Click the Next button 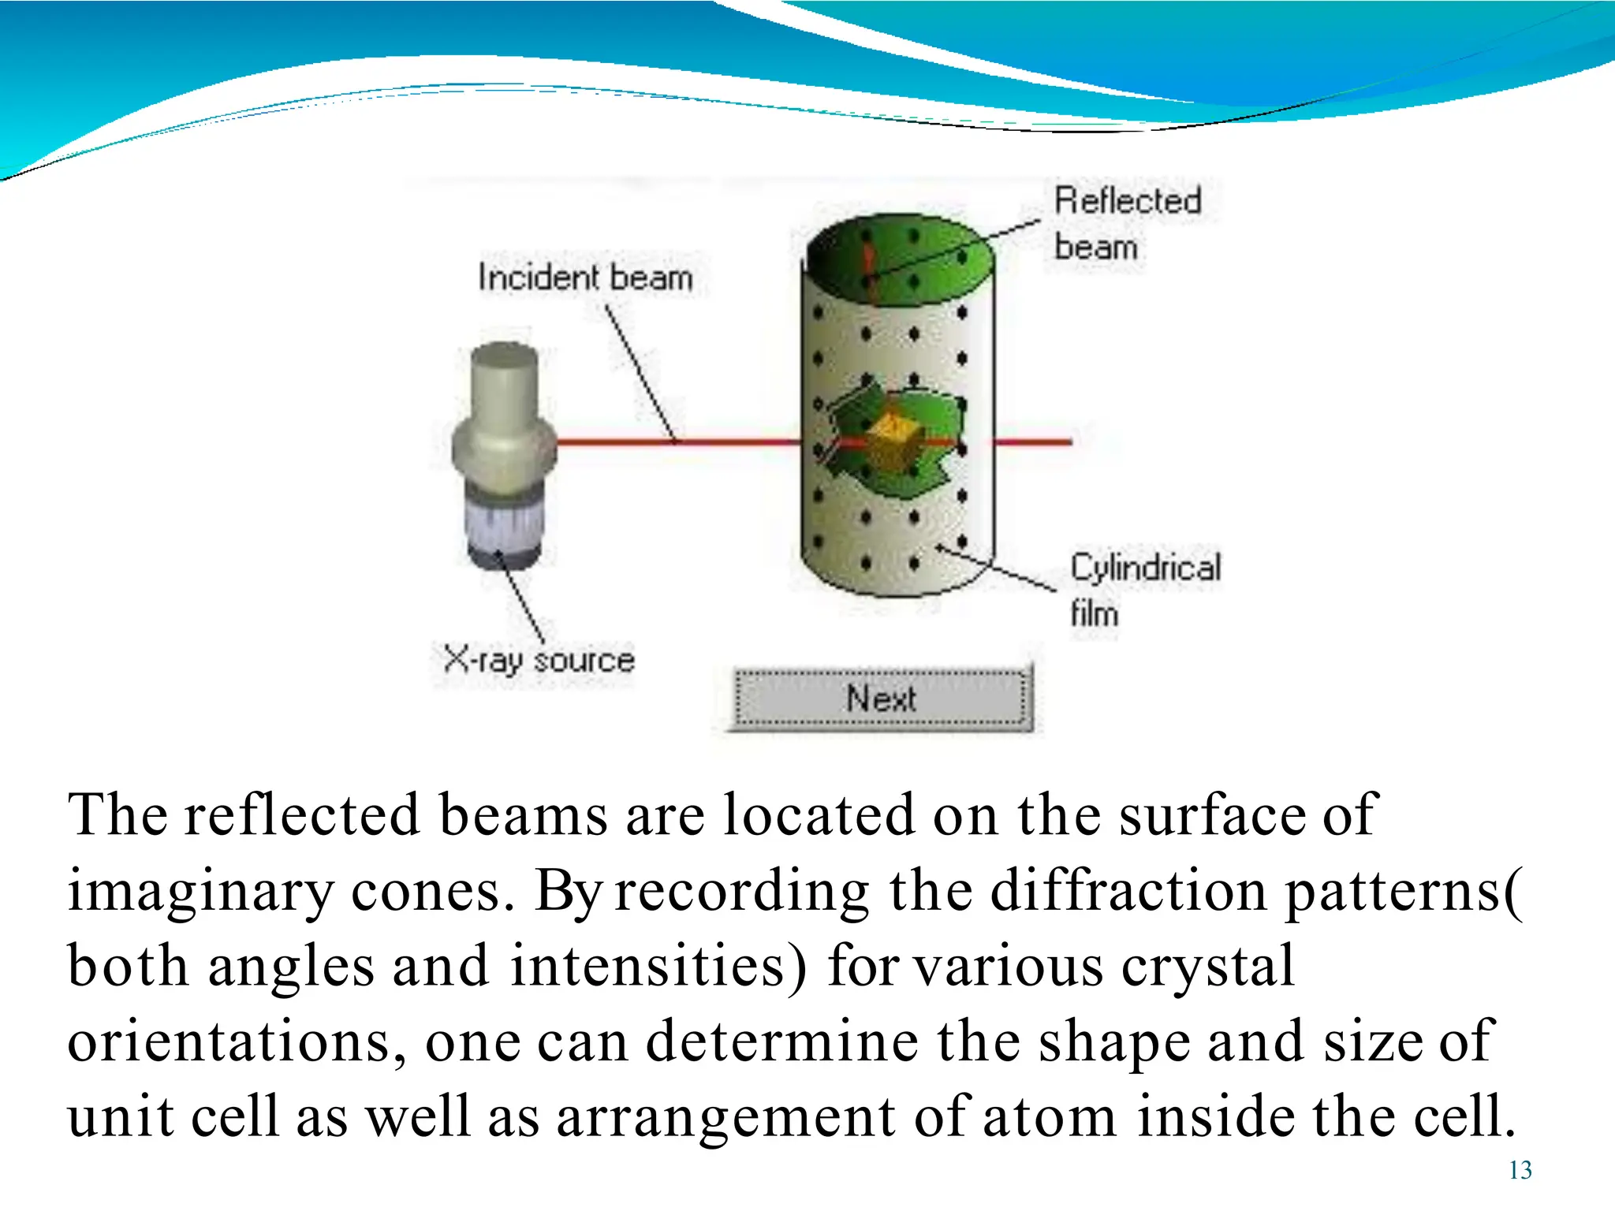pos(881,699)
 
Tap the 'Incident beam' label pos(585,278)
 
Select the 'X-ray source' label pos(539,659)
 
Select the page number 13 pos(1520,1170)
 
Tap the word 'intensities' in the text pos(658,967)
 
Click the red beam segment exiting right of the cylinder pos(1033,442)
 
